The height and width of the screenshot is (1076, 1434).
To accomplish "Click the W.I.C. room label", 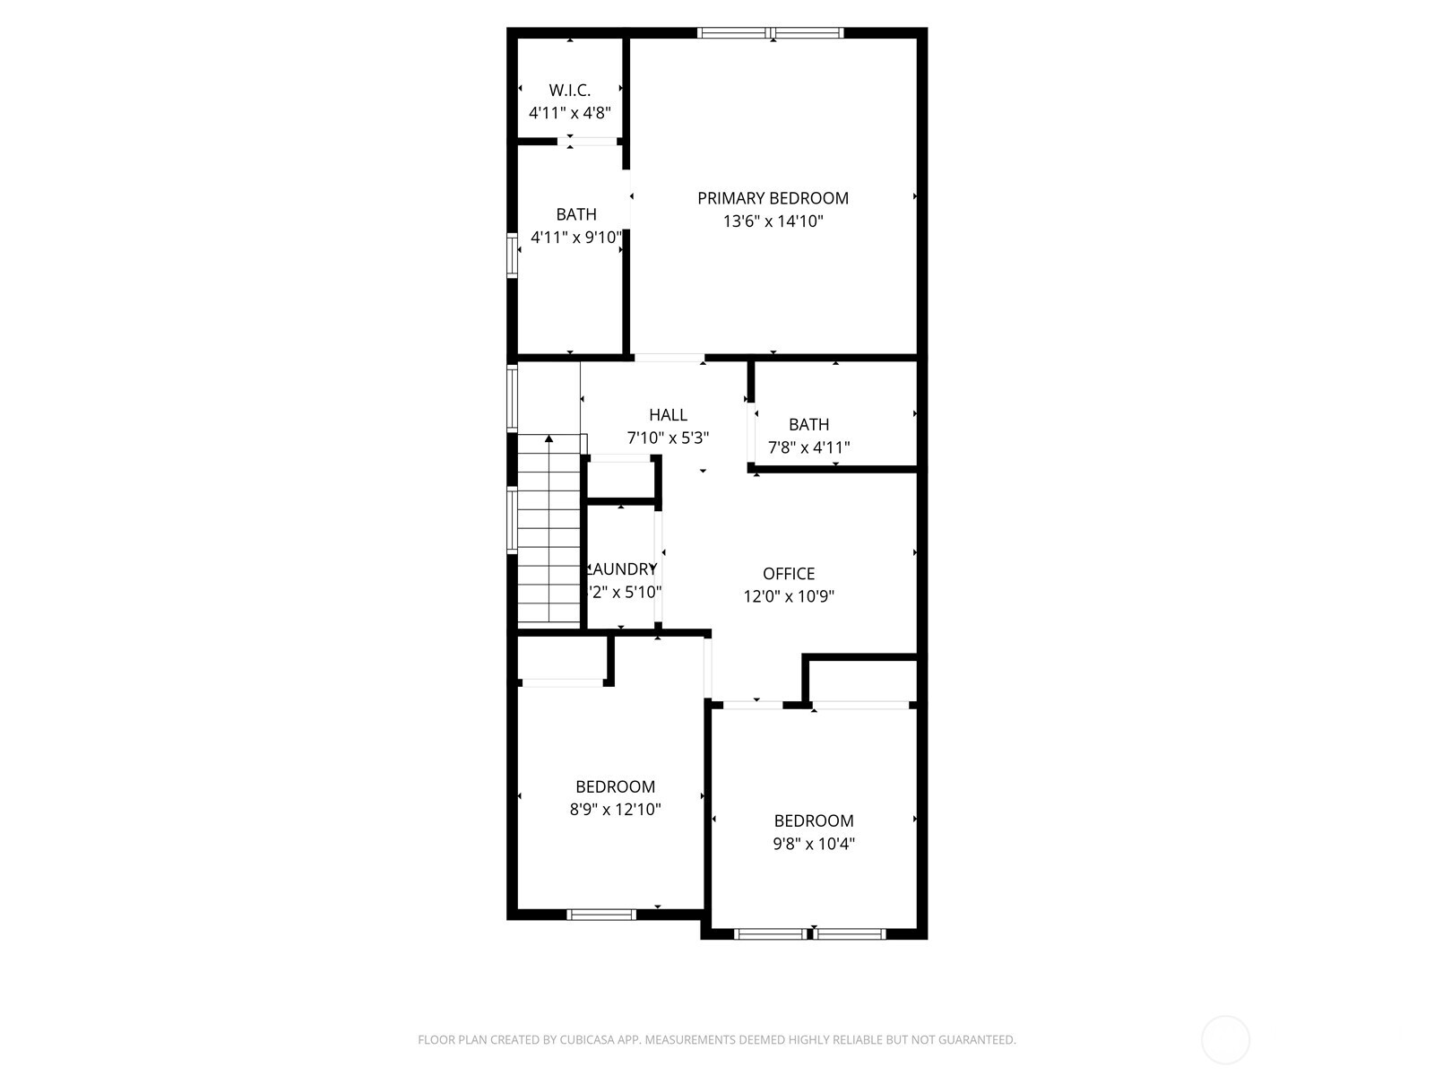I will click(569, 90).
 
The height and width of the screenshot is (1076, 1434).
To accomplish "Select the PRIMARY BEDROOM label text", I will click(773, 198).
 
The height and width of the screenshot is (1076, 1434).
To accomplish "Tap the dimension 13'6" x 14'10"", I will click(773, 221).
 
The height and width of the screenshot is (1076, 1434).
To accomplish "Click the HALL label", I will click(668, 415).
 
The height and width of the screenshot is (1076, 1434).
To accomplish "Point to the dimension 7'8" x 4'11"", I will click(808, 447).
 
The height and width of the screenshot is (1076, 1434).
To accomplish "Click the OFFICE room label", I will click(789, 574).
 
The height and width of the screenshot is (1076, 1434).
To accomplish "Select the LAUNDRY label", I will click(622, 569).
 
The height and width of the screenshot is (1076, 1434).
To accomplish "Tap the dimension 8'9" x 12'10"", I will click(615, 810).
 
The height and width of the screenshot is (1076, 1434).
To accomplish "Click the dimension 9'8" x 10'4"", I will click(814, 844).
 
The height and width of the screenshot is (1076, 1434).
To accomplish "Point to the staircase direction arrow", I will click(549, 438).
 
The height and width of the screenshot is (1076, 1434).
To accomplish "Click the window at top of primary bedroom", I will click(771, 33).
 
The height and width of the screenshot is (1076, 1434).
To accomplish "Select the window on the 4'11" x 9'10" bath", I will click(513, 256).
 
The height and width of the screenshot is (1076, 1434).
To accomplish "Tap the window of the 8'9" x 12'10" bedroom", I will click(601, 915).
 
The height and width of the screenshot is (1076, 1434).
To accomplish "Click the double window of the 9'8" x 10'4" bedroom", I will click(810, 933).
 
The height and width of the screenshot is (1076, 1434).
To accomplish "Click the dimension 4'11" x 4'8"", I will click(569, 113).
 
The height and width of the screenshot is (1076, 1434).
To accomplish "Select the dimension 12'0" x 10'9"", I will click(789, 596).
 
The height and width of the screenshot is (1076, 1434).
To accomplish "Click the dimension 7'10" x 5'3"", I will click(668, 438).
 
